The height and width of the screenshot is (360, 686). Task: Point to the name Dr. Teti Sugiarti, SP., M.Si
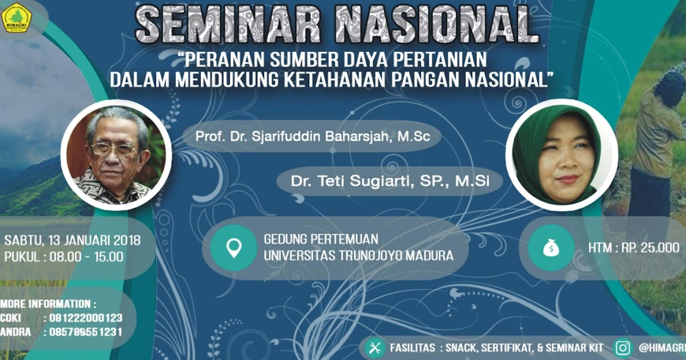[389, 181]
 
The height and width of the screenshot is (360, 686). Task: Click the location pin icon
[234, 247]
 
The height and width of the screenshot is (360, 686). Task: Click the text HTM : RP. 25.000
[633, 248]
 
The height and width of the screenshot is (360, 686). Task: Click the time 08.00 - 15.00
[86, 257]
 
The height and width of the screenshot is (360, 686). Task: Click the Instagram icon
[623, 347]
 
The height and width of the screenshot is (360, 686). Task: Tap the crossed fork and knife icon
[375, 347]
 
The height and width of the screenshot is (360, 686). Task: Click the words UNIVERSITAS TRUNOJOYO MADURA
[358, 256]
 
